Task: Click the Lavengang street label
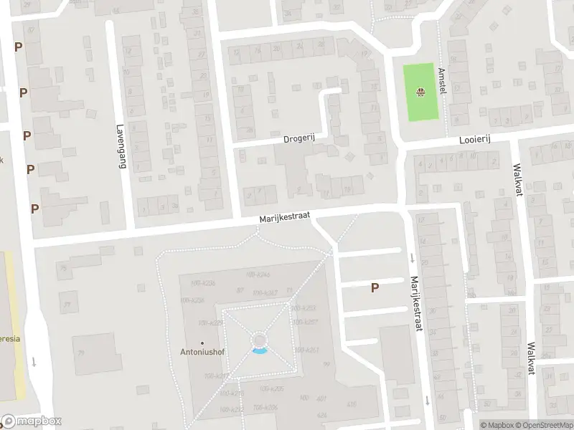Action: (x=121, y=146)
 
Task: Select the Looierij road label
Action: (x=474, y=142)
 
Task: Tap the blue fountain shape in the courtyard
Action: (x=259, y=350)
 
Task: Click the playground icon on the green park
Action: (x=420, y=91)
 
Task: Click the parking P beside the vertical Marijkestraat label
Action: (x=374, y=288)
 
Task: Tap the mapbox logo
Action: (x=32, y=421)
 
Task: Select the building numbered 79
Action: (x=81, y=353)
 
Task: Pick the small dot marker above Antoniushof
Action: (x=202, y=343)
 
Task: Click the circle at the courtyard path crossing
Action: (x=259, y=338)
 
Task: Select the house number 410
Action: (x=352, y=404)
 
